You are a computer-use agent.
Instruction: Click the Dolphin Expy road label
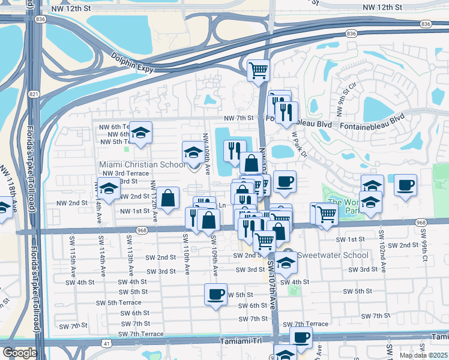pyautogui.click(x=134, y=63)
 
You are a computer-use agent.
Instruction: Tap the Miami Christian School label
pyautogui.click(x=142, y=165)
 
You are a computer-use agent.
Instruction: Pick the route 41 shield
pyautogui.click(x=106, y=343)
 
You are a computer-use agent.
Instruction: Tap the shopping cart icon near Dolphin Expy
pyautogui.click(x=258, y=70)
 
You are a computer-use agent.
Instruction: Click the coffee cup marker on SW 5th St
pyautogui.click(x=215, y=295)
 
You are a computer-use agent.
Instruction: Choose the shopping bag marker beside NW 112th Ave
pyautogui.click(x=169, y=197)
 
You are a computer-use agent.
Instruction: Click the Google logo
pyautogui.click(x=19, y=353)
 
